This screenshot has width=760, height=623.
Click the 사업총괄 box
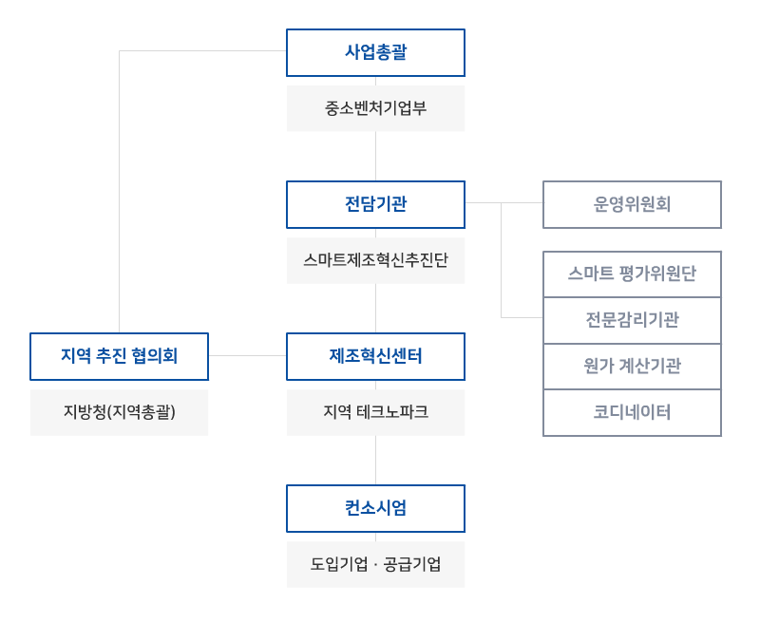click(x=375, y=52)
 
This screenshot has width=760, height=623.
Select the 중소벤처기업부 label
click(x=375, y=108)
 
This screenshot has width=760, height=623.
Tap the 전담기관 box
click(x=375, y=204)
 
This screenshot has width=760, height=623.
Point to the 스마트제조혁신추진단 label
click(x=375, y=260)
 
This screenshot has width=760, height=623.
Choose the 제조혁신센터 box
click(x=375, y=356)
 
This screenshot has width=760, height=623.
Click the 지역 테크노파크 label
click(x=375, y=412)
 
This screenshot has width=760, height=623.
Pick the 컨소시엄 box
click(x=375, y=508)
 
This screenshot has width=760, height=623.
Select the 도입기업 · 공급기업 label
click(x=375, y=564)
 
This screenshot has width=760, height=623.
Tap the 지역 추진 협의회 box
click(x=119, y=356)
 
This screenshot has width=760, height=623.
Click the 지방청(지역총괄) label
click(x=119, y=412)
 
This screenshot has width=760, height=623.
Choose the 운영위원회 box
click(x=632, y=204)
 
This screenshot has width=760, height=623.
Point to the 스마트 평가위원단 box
click(x=632, y=274)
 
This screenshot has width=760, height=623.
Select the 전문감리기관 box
click(x=632, y=320)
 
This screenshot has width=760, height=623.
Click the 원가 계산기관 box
click(x=632, y=366)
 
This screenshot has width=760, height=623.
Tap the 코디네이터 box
click(x=632, y=412)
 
